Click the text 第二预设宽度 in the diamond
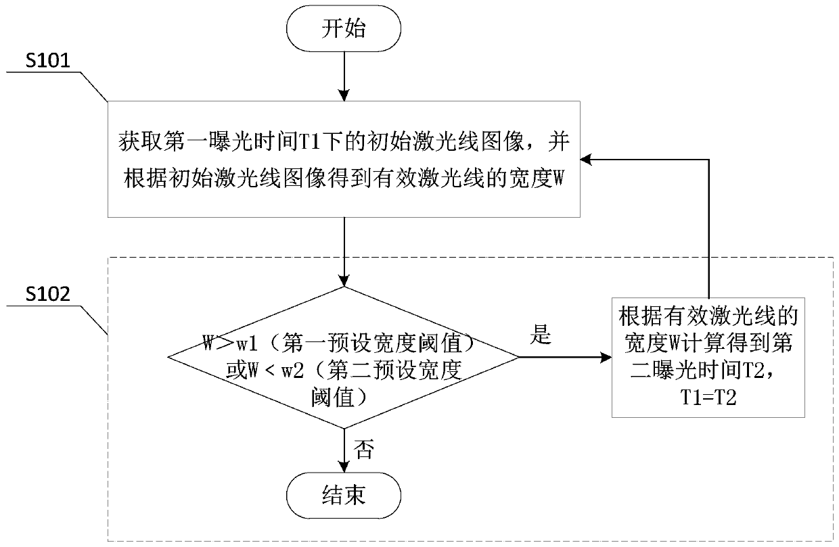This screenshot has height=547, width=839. click(x=414, y=370)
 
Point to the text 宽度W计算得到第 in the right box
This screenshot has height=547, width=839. click(x=709, y=343)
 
